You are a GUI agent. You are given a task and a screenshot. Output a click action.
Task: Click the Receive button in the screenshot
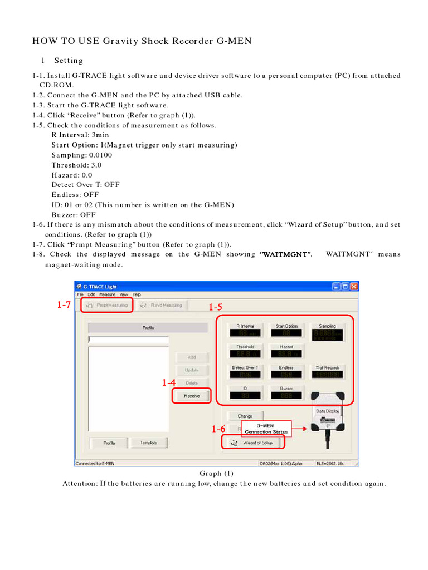coord(192,396)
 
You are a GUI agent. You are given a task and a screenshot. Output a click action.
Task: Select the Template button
coord(148,443)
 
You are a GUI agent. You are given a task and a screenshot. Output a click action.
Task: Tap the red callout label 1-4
coord(169,382)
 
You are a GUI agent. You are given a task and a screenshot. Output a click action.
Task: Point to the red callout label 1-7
coord(65,304)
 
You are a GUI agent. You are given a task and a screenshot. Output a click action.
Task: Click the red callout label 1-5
coord(216,307)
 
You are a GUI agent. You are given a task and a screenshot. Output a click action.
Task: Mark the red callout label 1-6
coord(218,429)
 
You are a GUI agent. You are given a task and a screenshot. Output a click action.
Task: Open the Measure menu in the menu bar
coord(107,294)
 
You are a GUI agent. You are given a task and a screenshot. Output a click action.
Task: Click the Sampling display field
coord(328,333)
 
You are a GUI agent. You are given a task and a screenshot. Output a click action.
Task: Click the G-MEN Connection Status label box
coord(266,429)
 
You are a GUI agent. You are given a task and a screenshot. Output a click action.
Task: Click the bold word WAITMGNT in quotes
coord(286,254)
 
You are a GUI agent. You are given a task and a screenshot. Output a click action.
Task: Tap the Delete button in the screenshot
coord(192,383)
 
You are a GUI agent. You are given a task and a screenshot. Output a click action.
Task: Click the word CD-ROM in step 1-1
coord(56,85)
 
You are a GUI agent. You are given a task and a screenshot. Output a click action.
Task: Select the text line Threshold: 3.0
coord(76,165)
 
